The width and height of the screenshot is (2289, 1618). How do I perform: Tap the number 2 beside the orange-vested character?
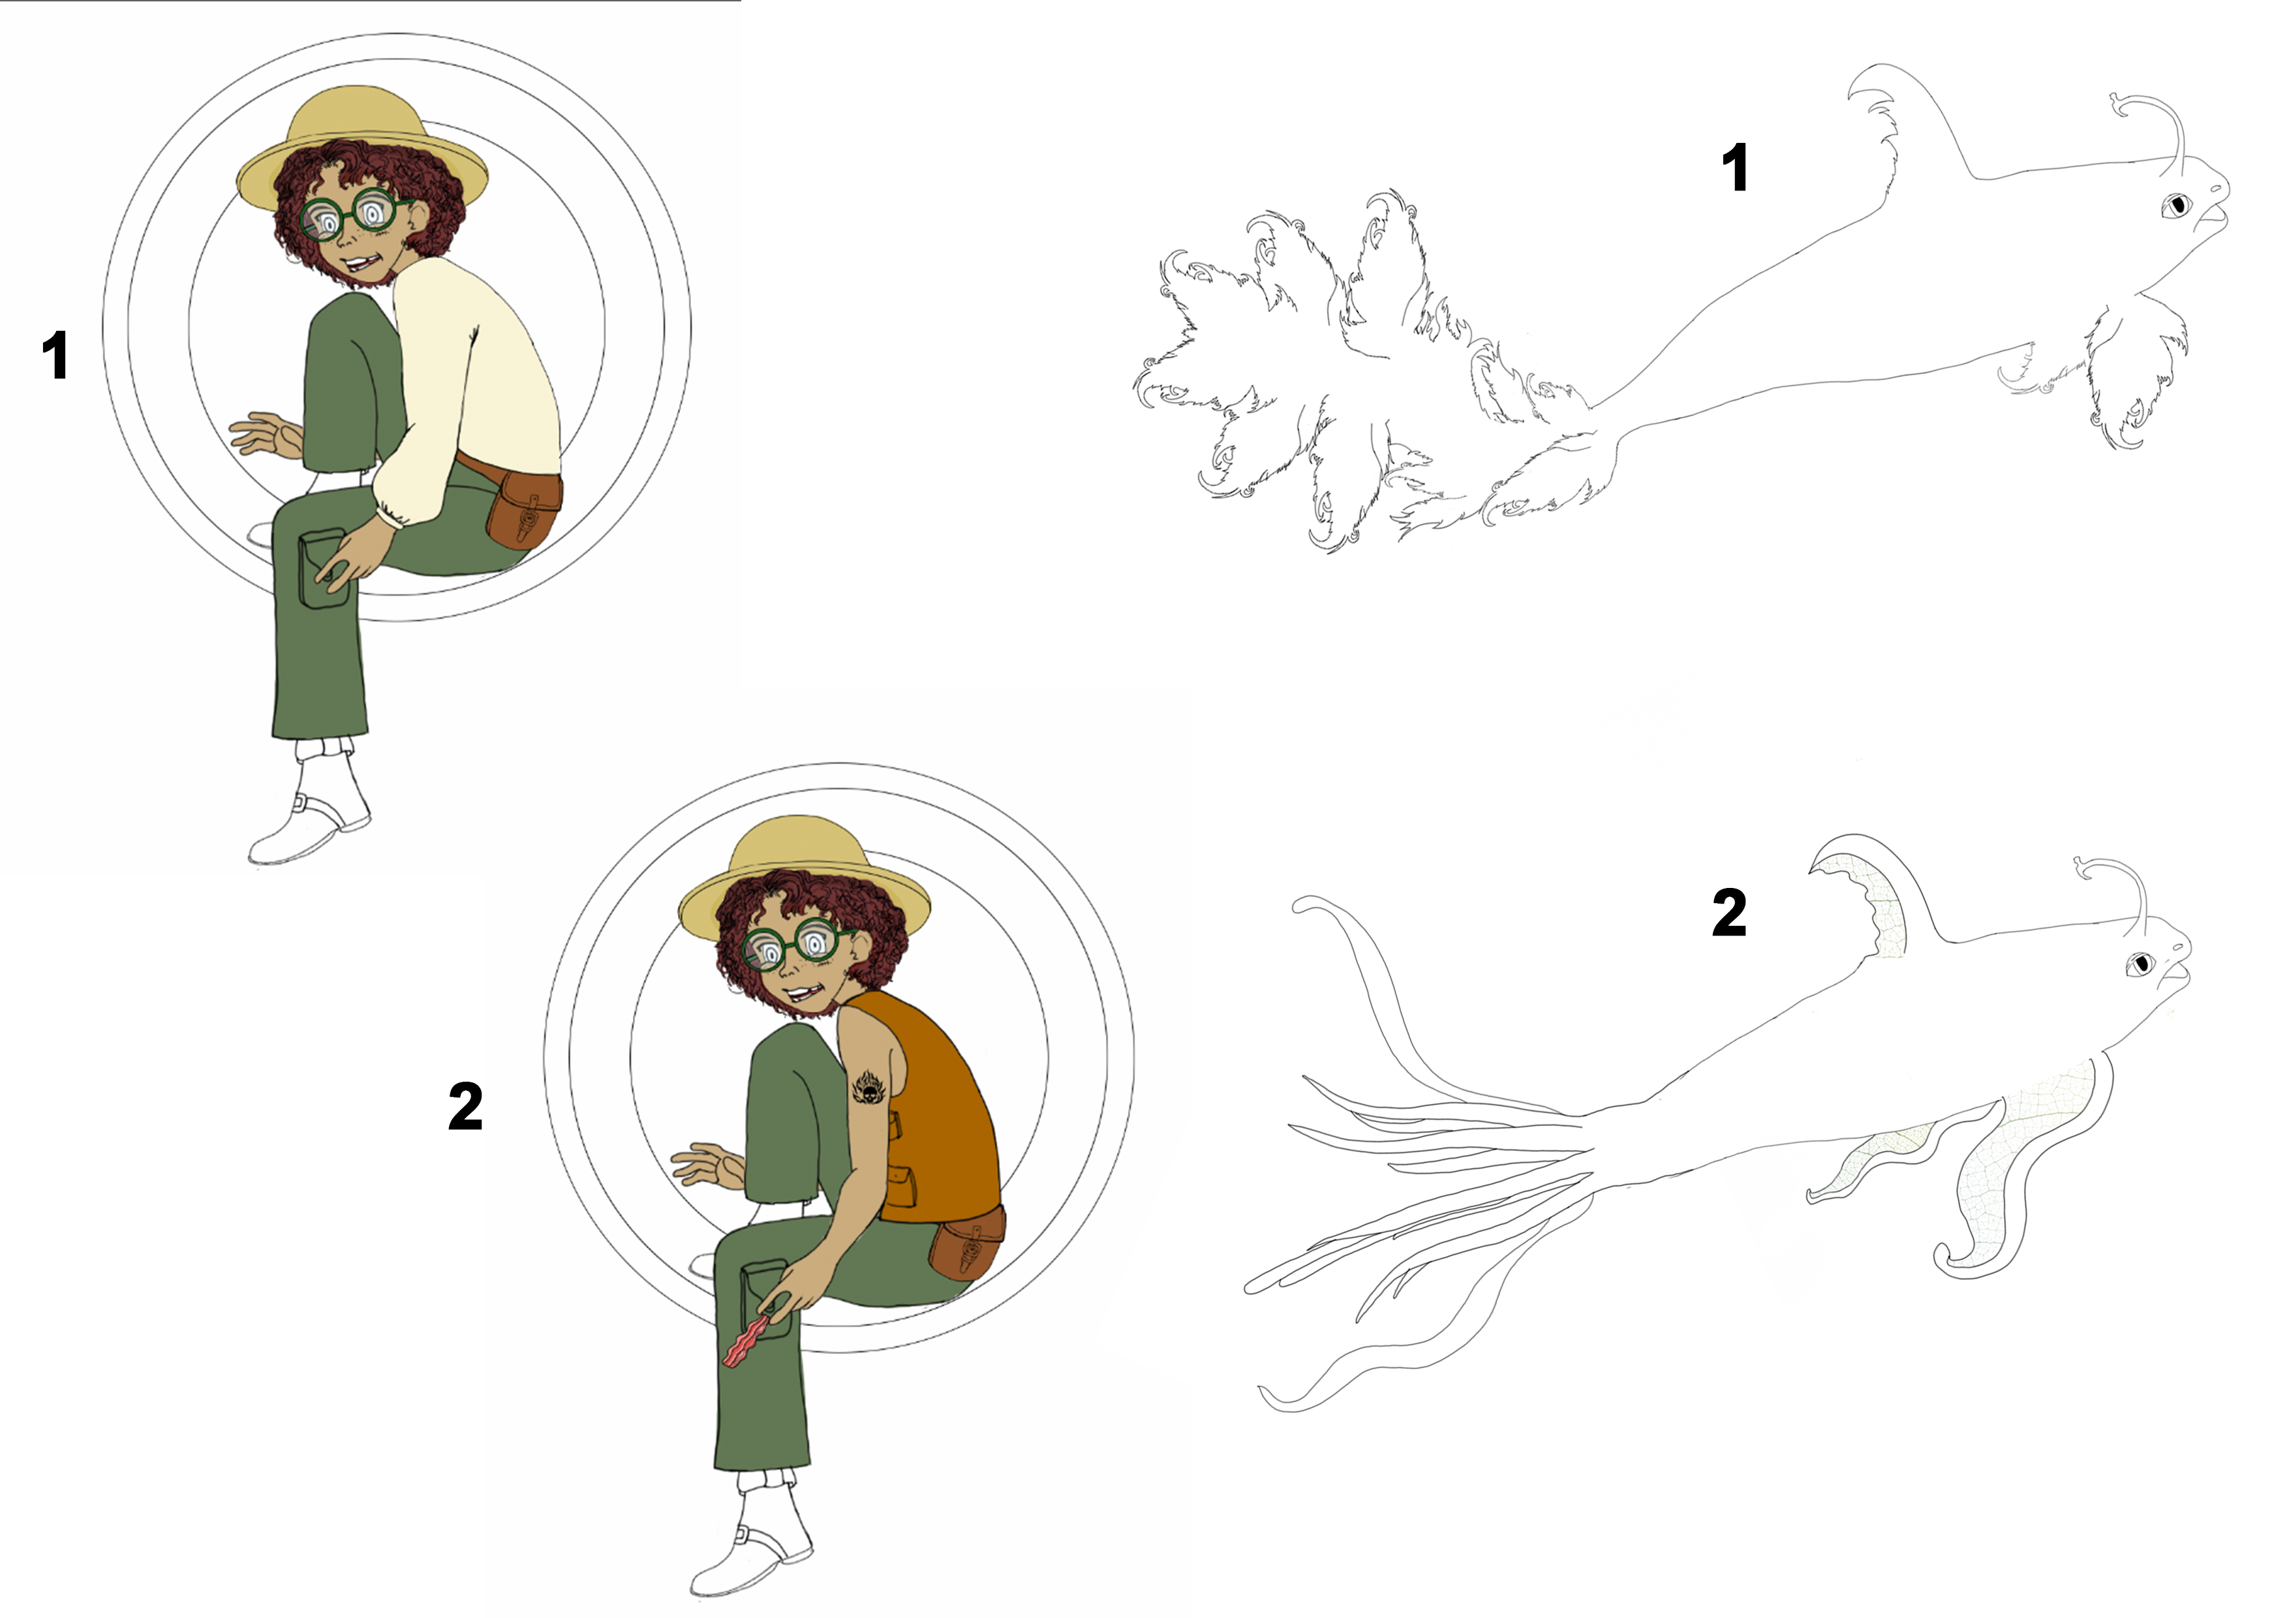466,1107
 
